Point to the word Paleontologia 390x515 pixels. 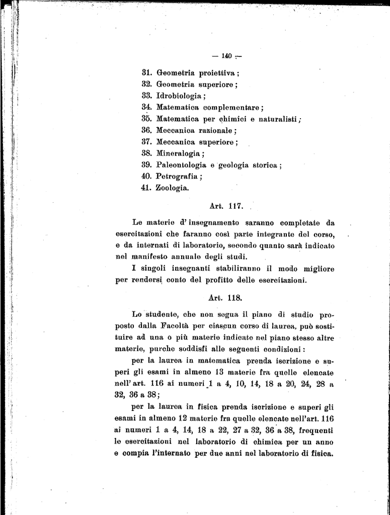point(181,165)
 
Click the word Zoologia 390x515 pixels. point(172,189)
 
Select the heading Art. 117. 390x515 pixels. point(225,206)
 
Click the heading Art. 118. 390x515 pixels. point(225,297)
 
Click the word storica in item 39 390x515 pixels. point(265,165)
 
